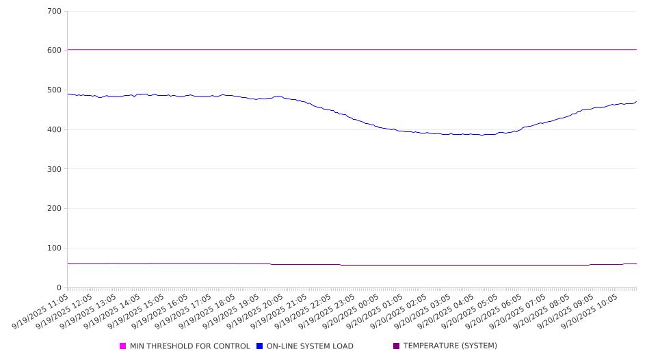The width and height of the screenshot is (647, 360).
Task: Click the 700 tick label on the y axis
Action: coord(55,12)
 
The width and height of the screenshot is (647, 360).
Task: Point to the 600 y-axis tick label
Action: coord(55,51)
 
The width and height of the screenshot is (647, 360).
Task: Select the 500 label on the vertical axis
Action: coord(55,90)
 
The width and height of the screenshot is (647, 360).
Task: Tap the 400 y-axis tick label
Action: coord(55,130)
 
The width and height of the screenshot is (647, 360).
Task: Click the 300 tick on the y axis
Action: coord(55,169)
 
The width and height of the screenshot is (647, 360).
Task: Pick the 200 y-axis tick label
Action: coord(55,209)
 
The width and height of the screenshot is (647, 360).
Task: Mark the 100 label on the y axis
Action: coord(55,248)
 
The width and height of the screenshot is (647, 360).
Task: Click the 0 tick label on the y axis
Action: coord(59,288)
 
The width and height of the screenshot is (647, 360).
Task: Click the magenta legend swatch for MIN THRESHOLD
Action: coord(123,346)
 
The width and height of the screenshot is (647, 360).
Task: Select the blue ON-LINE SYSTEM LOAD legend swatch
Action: coord(260,346)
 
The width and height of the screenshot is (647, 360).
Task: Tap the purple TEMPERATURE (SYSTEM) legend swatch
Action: coord(397,346)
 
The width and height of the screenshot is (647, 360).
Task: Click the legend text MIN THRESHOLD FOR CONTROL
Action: coord(190,346)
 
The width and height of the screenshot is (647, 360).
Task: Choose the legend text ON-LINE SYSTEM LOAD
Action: coord(310,346)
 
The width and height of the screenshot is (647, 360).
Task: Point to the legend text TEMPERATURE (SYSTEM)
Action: coord(450,346)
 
